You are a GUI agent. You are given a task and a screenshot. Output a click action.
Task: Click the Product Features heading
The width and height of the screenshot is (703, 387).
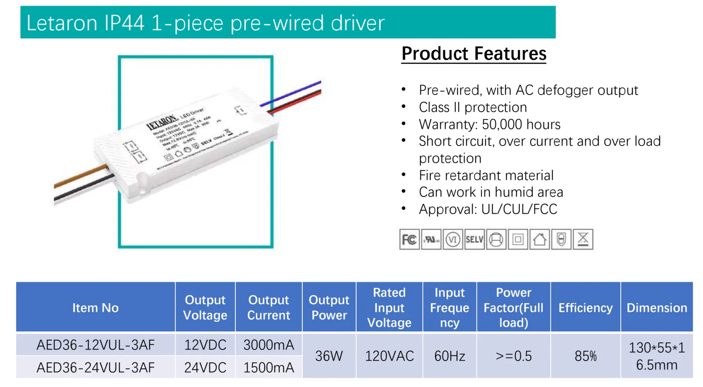coord(474,54)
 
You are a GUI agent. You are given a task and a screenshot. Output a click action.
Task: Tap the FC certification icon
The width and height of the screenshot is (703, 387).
coord(409,240)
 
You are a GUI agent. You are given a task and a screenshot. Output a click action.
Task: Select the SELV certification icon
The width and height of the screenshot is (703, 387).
coord(474,240)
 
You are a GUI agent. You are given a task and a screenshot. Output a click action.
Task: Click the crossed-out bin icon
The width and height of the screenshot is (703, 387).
coord(583,240)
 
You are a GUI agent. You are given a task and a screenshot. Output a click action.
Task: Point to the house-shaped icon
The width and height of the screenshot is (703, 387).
coord(539,240)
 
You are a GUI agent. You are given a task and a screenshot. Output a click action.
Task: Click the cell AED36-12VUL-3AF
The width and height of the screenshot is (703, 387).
coord(95,345)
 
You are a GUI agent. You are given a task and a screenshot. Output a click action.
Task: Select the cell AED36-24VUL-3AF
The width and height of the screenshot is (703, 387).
coord(95,368)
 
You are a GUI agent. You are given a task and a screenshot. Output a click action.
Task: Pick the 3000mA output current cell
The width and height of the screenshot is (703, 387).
coord(268,345)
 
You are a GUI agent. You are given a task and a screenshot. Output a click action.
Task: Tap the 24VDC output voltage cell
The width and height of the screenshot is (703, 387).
coord(205,368)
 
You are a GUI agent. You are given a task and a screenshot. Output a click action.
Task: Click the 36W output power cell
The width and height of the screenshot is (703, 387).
coord(329,356)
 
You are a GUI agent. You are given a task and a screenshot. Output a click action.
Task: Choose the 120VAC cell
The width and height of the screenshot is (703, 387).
coord(389,356)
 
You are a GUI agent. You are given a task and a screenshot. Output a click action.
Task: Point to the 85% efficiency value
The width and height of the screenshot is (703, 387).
coord(585,356)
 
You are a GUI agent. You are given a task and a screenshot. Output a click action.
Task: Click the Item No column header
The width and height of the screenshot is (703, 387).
coord(95,308)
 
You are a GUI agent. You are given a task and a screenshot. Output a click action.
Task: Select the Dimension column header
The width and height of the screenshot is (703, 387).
coord(657,308)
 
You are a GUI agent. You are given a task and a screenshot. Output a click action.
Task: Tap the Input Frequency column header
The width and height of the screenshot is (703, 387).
coord(449,308)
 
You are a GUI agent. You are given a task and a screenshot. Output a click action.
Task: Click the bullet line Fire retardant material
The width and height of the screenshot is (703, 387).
coord(486,175)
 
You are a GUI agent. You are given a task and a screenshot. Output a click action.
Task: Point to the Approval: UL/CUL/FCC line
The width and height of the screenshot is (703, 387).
coord(488,209)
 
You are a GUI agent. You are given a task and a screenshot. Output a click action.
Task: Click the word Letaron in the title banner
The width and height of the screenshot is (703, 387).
coord(61,23)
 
